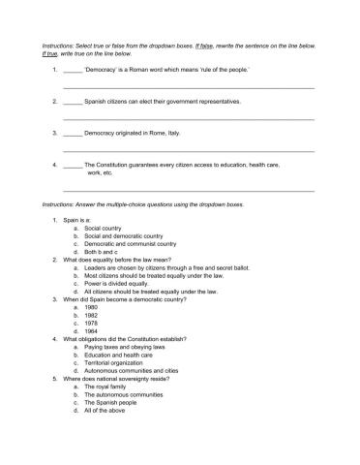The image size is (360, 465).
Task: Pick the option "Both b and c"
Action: [x=104, y=252]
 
